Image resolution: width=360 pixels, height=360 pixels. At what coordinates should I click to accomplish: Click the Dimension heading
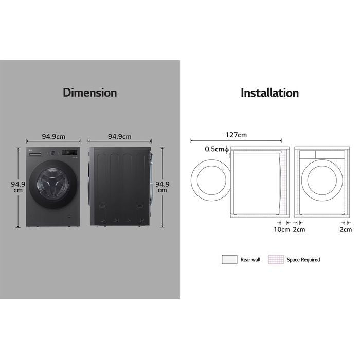coord(90,93)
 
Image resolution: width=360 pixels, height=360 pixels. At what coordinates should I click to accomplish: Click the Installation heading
coord(269,93)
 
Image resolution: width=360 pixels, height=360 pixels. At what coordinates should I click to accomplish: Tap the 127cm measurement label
coord(236,135)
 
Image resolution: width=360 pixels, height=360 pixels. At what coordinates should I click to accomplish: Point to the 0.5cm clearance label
coord(214,150)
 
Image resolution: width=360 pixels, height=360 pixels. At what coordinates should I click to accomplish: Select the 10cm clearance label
coord(281,230)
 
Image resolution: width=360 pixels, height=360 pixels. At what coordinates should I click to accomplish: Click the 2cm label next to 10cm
coord(298,230)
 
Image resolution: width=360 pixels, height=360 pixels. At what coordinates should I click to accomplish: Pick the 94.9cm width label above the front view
coord(53,137)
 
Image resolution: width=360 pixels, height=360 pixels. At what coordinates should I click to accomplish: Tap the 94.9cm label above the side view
coord(119,137)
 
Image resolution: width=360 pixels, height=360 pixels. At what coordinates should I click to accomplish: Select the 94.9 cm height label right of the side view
coord(163,187)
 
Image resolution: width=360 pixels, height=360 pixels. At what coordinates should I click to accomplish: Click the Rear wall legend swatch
coord(229,260)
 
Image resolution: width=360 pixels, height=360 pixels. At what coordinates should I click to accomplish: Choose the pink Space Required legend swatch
coord(275,260)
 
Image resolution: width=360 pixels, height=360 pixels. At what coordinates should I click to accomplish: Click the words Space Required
coord(303,260)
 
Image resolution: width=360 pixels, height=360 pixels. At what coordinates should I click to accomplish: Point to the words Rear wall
coord(250,260)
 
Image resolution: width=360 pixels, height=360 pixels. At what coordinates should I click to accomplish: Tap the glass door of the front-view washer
coord(50,186)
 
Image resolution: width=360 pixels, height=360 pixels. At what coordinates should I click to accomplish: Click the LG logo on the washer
coord(29,151)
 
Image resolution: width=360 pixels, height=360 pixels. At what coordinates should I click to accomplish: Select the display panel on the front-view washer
coord(71,153)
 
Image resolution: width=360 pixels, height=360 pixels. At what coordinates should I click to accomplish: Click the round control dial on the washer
coord(52,153)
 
